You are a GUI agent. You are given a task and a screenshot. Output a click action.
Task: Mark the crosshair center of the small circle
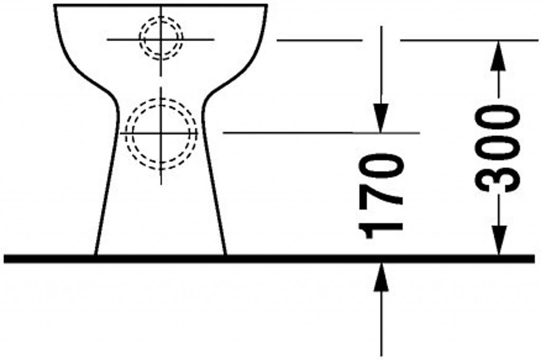pyautogui.click(x=161, y=39)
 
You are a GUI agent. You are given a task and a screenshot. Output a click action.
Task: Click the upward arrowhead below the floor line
pyautogui.click(x=381, y=277)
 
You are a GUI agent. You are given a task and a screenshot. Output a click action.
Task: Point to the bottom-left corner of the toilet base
pyautogui.click(x=95, y=254)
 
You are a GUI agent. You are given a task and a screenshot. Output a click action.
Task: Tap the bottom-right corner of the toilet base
pyautogui.click(x=226, y=254)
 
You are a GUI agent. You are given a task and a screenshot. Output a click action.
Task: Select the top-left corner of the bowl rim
pyautogui.click(x=54, y=6)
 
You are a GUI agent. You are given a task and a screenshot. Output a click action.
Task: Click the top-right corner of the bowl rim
pyautogui.click(x=267, y=6)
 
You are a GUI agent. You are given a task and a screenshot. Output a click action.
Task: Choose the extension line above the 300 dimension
pyautogui.click(x=465, y=40)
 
